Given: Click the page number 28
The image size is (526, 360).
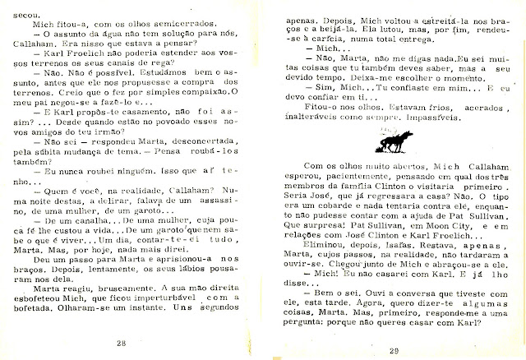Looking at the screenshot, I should (145, 343).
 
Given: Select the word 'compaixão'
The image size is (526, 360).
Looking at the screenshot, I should (204, 99).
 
